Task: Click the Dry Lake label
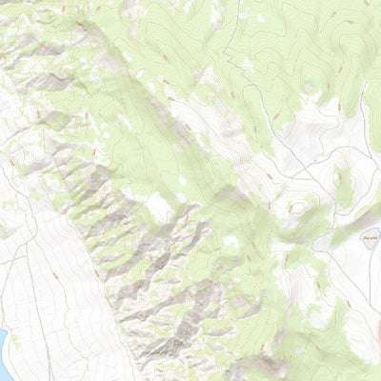345,231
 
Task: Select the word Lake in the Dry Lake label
350,231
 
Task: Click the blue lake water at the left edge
2,343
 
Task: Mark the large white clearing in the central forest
157,205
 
